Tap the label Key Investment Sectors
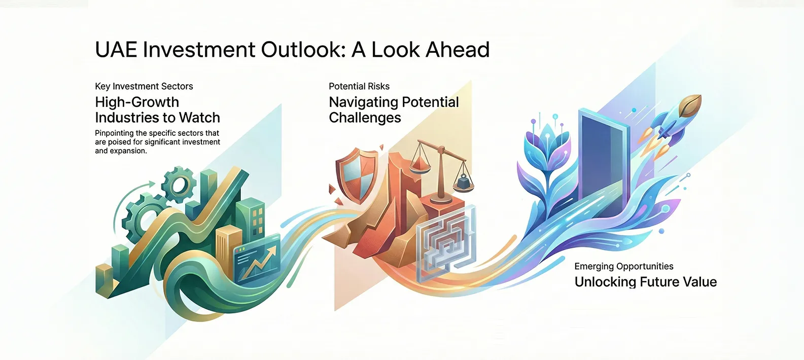144,86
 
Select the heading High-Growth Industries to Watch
157,110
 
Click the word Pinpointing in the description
114,133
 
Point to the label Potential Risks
359,86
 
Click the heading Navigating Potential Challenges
393,110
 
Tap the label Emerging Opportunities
623,266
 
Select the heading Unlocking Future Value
645,282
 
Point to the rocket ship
675,119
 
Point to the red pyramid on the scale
419,165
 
